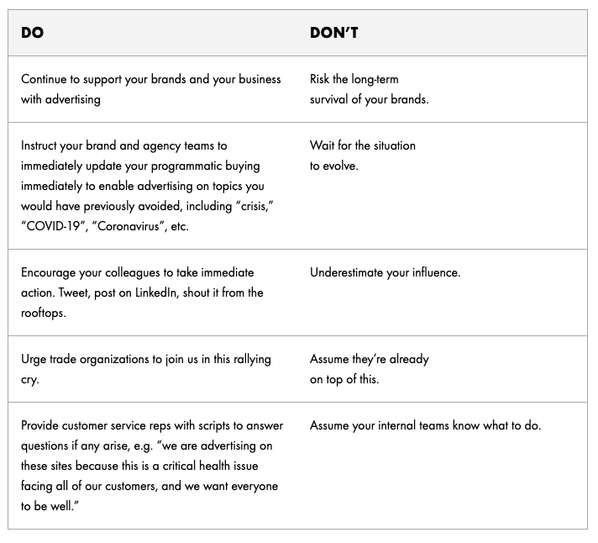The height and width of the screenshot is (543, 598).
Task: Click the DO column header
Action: point(33,33)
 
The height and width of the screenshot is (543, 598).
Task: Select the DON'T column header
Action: point(334,33)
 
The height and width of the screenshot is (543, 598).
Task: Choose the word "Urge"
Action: point(33,359)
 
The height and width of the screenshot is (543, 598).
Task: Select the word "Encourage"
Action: point(50,272)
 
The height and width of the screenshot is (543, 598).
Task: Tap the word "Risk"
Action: point(320,79)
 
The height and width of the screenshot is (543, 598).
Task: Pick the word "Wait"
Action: point(322,145)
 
